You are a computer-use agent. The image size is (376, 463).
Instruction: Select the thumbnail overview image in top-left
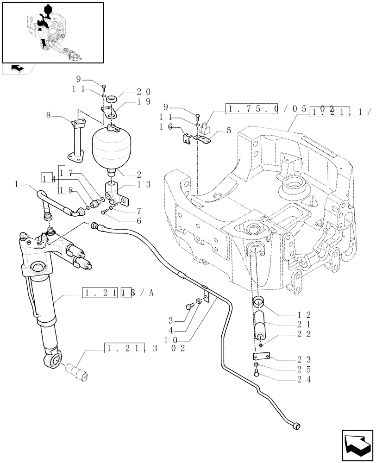[52, 32]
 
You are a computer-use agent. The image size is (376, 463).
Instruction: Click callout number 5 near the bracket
[228, 131]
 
